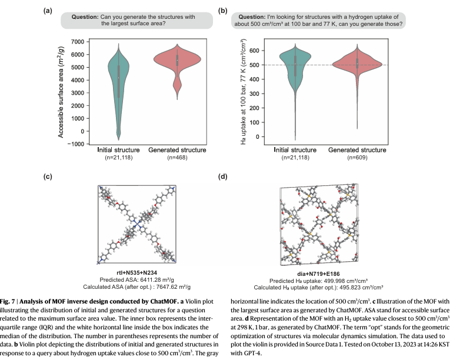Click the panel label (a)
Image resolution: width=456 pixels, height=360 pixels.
coord(49,11)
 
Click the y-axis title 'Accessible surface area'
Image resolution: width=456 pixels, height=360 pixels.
coord(61,93)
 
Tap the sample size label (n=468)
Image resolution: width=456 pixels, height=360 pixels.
coord(177,158)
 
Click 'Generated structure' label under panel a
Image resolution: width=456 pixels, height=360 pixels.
coord(177,151)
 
